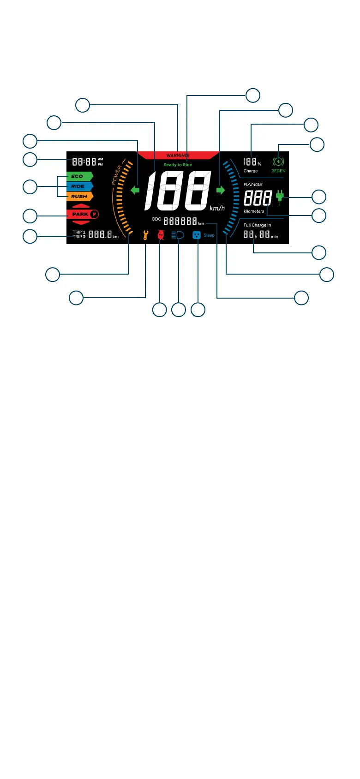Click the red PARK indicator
[83, 214]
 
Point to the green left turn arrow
[135, 190]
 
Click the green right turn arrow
[221, 190]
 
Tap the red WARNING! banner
[178, 156]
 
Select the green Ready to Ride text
[178, 165]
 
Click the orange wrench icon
[145, 235]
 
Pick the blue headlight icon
[178, 235]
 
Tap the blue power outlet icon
[197, 235]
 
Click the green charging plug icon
[279, 198]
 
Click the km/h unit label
[217, 208]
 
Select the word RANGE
[253, 184]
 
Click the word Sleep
[209, 235]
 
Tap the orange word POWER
[117, 175]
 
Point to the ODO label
[156, 219]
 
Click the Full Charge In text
[257, 225]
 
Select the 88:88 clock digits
[84, 162]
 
